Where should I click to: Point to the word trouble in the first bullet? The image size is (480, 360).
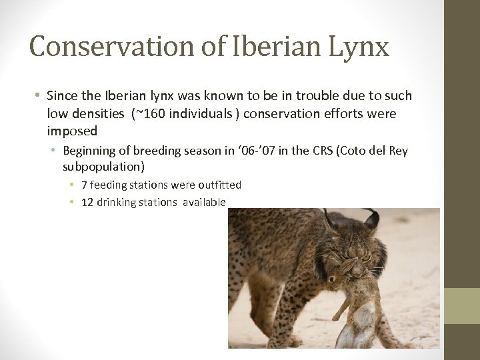(291, 96)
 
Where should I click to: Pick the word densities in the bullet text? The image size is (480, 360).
(97, 114)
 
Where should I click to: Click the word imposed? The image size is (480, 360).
(72, 131)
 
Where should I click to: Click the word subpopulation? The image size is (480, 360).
(101, 165)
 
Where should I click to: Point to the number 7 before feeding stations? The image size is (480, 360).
(84, 185)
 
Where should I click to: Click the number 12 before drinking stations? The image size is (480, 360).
(87, 202)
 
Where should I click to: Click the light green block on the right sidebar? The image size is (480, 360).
(462, 306)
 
